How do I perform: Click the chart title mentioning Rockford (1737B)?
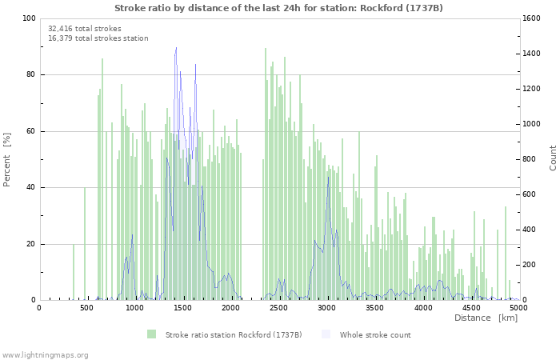coord(278,8)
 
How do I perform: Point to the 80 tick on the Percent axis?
coord(30,75)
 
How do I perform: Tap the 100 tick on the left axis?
coord(28,18)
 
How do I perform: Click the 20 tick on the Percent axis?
coord(30,244)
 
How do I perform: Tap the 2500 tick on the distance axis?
coord(279,307)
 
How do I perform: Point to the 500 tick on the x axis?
coord(87,307)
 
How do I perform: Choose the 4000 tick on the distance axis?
coord(423,307)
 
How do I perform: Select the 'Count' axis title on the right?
coord(553,158)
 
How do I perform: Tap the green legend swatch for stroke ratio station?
coord(151,334)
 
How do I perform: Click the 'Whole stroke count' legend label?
coord(374,334)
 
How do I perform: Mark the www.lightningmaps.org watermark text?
coord(45,354)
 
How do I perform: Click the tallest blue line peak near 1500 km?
coord(176,48)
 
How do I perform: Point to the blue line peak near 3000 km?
coord(328,177)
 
